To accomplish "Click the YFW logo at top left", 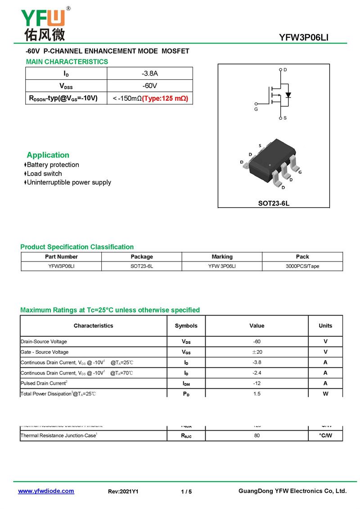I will tap(43, 23).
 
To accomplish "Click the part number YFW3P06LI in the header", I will tap(304, 38).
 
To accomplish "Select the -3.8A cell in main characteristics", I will tap(149, 73).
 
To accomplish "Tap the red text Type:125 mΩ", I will tap(165, 98).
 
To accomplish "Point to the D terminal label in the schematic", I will tap(285, 70).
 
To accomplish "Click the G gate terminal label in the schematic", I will tap(256, 109).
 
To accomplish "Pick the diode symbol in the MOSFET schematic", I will tap(288, 95).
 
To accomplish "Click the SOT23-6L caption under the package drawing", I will tap(274, 203).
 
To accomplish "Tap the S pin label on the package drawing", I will tap(260, 145).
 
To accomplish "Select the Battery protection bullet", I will tap(53, 165).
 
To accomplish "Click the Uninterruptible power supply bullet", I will tap(69, 182).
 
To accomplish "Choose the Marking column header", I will tap(222, 257).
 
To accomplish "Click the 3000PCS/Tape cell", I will tap(302, 266).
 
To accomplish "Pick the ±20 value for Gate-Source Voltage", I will tap(257, 352).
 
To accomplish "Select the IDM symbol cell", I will tap(186, 383).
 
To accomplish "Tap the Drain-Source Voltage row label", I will tap(44, 342).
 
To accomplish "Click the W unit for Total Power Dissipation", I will tap(325, 393).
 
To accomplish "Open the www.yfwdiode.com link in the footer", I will tap(46, 491).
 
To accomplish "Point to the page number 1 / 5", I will tap(186, 491).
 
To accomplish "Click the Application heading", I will tap(48, 155).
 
